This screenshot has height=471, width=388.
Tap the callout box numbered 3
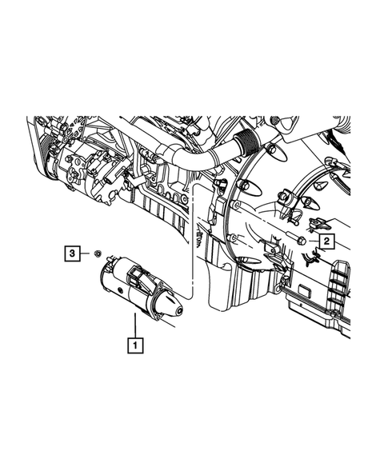tap(73, 253)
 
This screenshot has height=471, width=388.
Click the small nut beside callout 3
tap(96, 253)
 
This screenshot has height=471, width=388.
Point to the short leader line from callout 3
tap(85, 253)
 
